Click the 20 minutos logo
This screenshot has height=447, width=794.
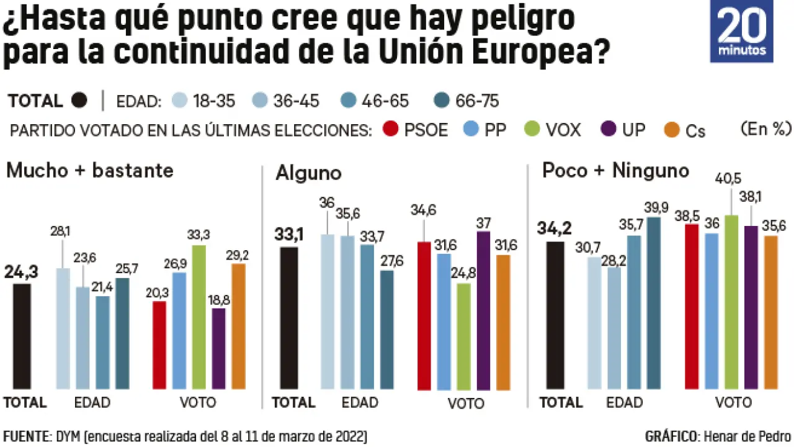coord(741,31)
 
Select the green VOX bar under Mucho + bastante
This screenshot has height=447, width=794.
coord(199,317)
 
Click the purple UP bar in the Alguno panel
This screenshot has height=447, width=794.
coord(483,310)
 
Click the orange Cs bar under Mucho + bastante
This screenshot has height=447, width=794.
coord(239,326)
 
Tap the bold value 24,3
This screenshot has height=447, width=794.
coord(22,272)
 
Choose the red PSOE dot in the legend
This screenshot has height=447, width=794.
coord(390,129)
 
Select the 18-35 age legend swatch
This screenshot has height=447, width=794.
coord(179,101)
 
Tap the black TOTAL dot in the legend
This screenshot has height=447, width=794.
coord(79,101)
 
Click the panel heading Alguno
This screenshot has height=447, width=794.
coord(308,173)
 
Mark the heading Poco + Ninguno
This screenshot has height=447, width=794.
coord(615,171)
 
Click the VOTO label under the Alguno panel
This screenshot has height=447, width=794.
coord(466,404)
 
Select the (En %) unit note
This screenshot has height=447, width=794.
coord(765,129)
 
